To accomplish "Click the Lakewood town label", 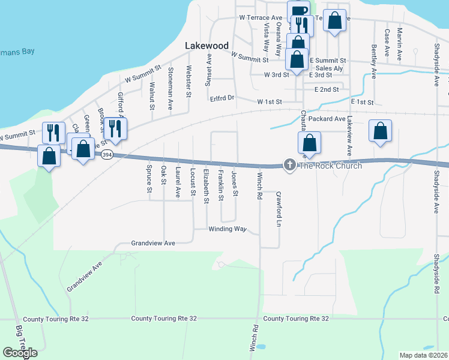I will point(207,46).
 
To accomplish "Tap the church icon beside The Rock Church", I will point(290,165).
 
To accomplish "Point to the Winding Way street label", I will point(228,229).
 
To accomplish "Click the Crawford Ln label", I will point(279,209).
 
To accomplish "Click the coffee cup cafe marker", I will point(298,11).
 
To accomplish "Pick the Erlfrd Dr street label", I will point(221,97).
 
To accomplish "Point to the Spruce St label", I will point(149,179).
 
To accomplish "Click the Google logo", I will point(20,353).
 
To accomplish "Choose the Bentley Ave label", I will point(373,61).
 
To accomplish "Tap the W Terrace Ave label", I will point(260,18).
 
